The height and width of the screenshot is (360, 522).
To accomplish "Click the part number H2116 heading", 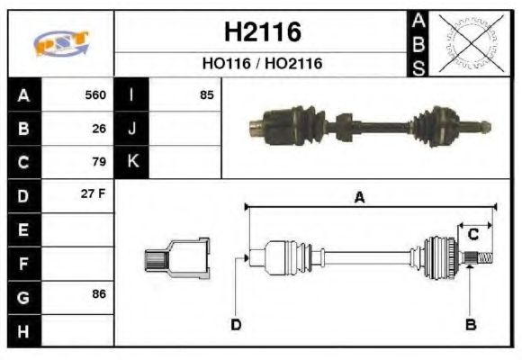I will [261, 32].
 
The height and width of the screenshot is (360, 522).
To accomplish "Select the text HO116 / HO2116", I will [261, 64].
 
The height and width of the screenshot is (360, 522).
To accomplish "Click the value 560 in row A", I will [94, 94].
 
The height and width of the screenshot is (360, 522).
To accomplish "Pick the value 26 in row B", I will [99, 129].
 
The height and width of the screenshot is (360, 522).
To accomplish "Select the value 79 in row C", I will [99, 162].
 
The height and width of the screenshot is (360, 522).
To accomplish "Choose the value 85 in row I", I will [206, 94].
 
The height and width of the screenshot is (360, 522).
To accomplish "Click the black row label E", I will [22, 229].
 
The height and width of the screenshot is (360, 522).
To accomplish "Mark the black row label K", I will [132, 162].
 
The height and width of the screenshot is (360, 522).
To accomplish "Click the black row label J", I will [132, 129].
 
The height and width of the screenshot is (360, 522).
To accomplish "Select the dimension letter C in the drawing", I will [472, 235].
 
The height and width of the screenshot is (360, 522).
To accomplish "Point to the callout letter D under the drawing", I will [236, 325].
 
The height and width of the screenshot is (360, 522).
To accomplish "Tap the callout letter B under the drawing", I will [470, 324].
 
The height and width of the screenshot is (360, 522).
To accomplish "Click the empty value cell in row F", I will [78, 263].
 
